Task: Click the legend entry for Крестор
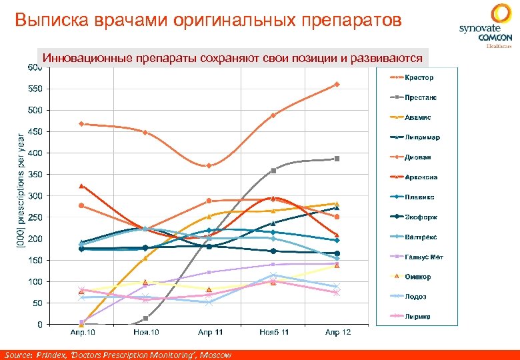click(418, 77)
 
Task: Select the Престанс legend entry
click(420, 97)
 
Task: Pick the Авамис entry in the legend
click(417, 117)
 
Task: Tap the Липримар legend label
click(422, 137)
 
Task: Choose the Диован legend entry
click(417, 157)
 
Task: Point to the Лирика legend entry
click(417, 317)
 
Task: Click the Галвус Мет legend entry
click(423, 257)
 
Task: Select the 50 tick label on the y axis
click(36, 303)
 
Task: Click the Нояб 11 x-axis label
click(274, 332)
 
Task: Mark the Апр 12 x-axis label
click(337, 332)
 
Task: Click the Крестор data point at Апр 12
click(337, 85)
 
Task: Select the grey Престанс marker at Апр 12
click(337, 159)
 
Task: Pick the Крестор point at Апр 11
click(209, 165)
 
